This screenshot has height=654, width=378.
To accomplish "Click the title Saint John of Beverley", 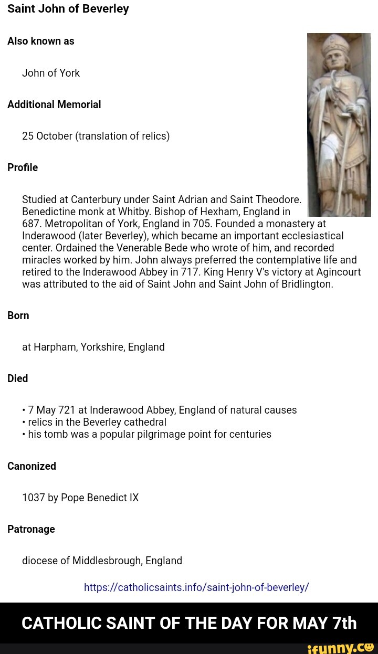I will pos(68,9).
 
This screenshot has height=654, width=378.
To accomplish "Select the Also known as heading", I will pos(40,41).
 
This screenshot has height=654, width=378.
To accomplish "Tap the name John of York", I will pos(51,73).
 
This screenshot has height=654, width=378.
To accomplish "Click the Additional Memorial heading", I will pos(54,104).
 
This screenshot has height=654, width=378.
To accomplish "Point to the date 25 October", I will pos(47,136).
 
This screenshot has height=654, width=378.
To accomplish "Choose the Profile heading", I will pos(23,167).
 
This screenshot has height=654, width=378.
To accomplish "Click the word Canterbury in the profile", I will pos(96,199).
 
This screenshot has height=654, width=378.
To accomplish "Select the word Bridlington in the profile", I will pos(306,284).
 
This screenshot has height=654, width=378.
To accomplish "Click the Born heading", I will pos(18,315).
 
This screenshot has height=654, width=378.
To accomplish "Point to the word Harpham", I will pos(55,347).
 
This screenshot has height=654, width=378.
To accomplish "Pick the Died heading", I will pos(18,378).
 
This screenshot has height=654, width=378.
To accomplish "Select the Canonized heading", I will pos(31,466).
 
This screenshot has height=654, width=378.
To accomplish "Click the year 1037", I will pos(34,498).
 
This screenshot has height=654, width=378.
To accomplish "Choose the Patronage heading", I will pos(31,529).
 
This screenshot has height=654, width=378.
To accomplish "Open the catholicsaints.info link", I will pos(196,587).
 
